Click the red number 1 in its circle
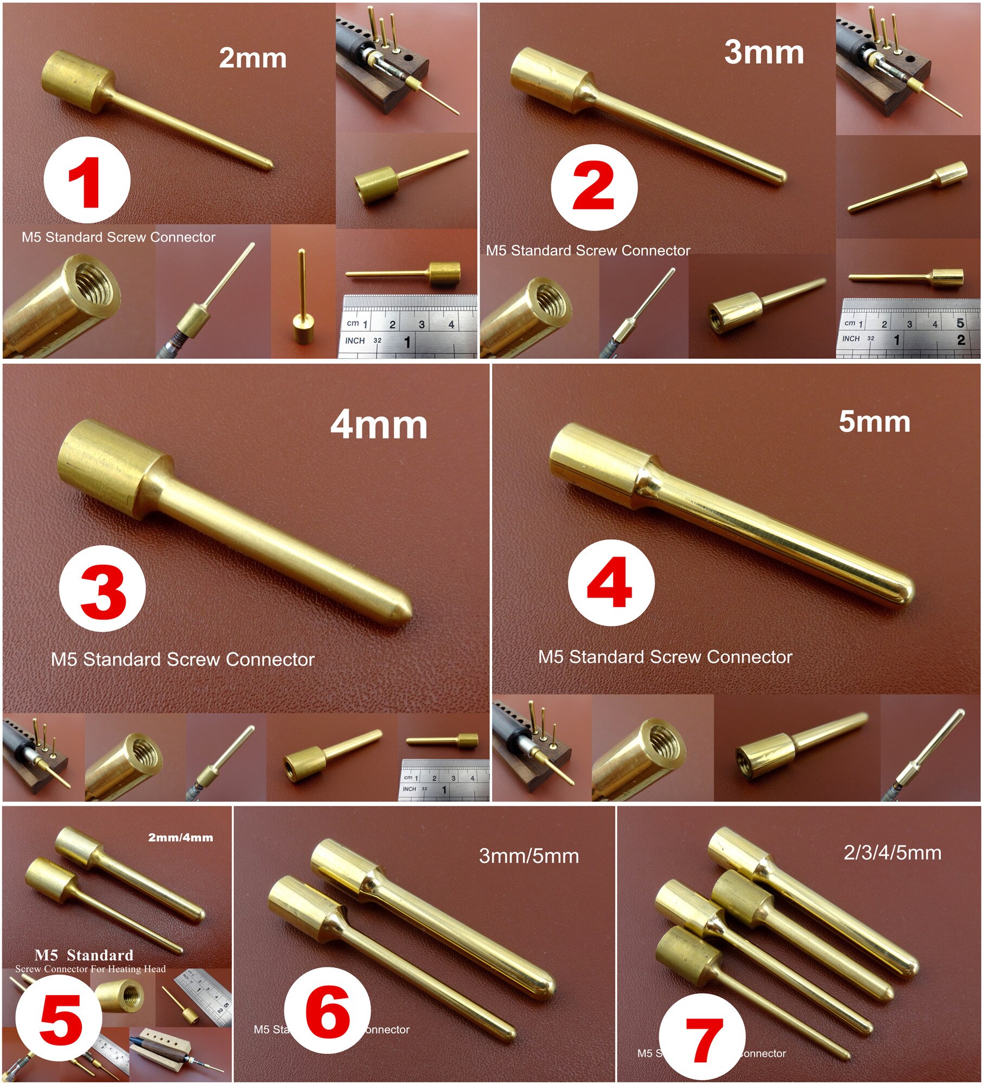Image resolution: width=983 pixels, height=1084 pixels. pyautogui.click(x=86, y=182)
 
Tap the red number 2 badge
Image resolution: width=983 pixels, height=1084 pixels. pyautogui.click(x=593, y=188)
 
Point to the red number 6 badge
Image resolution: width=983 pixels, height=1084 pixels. pyautogui.click(x=328, y=1014)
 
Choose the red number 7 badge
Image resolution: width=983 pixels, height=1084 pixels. pyautogui.click(x=704, y=1040)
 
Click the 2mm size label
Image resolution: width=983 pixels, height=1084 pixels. pyautogui.click(x=253, y=58)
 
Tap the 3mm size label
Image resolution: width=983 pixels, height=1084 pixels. pyautogui.click(x=764, y=53)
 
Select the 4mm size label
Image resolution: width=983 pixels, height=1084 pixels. pyautogui.click(x=379, y=425)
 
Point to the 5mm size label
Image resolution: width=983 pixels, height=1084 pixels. pyautogui.click(x=874, y=421)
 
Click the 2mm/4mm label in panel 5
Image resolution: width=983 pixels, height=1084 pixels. pyautogui.click(x=181, y=838)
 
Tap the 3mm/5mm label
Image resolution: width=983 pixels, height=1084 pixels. pyautogui.click(x=529, y=856)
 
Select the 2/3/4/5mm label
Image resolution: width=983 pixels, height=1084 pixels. pyautogui.click(x=892, y=853)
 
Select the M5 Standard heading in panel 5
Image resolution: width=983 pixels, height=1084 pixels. pyautogui.click(x=84, y=955)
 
